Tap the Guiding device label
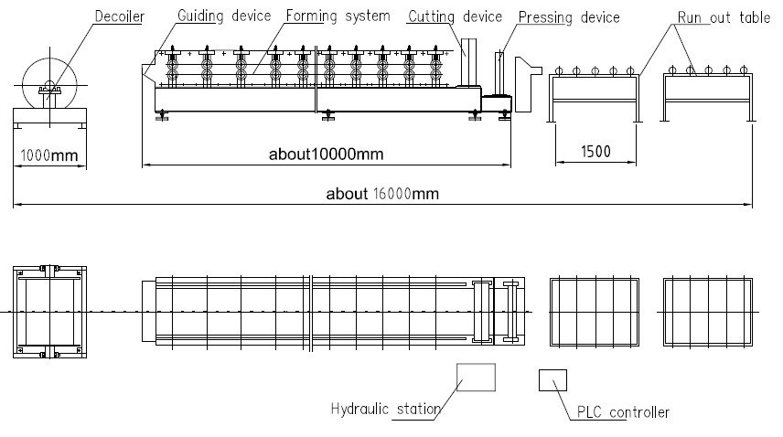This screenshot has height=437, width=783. click(223, 16)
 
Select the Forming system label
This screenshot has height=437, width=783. click(337, 16)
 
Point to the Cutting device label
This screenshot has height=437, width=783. click(455, 16)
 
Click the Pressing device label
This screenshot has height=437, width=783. click(568, 16)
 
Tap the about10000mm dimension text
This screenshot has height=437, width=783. click(326, 155)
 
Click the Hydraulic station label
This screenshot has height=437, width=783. click(385, 409)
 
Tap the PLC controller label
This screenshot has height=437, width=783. click(622, 412)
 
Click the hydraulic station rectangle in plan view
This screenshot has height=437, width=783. click(476, 377)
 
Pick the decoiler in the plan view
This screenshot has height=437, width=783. click(49, 311)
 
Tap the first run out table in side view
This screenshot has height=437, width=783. click(594, 91)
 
